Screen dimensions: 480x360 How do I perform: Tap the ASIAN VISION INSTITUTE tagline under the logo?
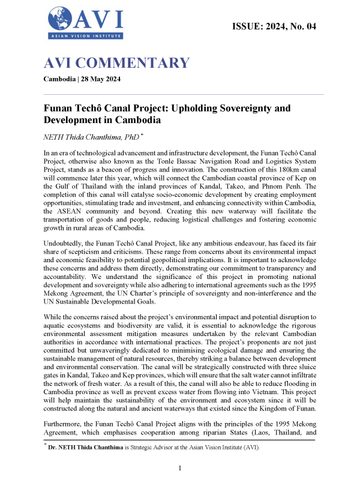click(x=85, y=37)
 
